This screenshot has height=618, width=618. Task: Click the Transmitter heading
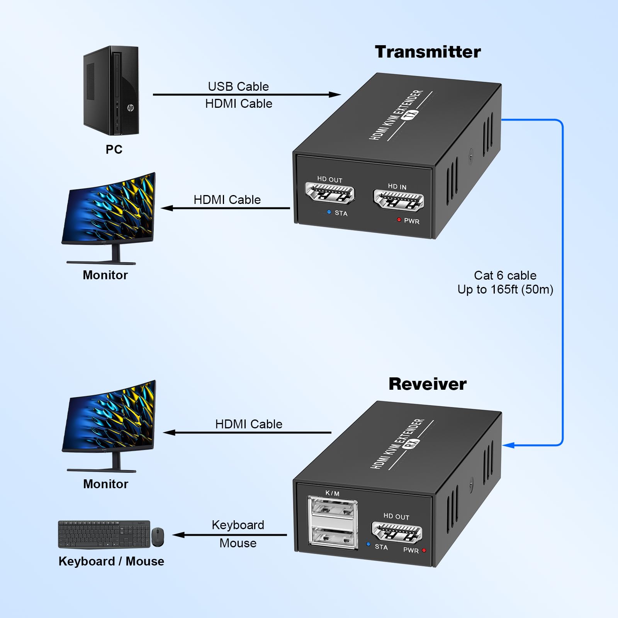pos(428,52)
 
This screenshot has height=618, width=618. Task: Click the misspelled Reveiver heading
pos(427,384)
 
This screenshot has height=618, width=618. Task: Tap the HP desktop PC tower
pos(111,91)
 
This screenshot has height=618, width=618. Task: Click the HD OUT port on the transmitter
pos(330,193)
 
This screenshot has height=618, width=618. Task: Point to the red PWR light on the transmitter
pos(399,220)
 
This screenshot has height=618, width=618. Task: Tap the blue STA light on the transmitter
pos(329,212)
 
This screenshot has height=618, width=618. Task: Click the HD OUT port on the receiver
pos(397,532)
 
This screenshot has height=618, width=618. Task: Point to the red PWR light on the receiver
pos(424,550)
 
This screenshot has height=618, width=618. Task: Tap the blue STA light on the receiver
pos(368,544)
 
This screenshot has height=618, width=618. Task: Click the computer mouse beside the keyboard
pos(158,537)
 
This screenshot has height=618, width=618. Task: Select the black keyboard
pos(104,534)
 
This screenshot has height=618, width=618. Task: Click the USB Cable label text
pos(238,87)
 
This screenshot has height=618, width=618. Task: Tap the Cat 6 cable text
pos(505,275)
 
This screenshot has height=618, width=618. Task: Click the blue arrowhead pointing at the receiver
pos(509,445)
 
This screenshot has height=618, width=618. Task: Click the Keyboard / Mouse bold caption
pos(111,561)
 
